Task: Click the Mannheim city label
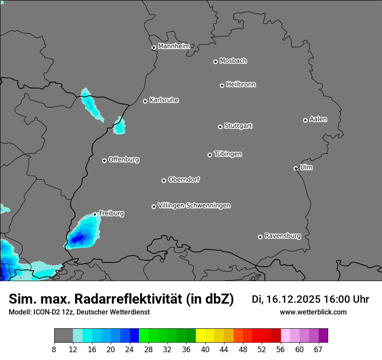point(174,46)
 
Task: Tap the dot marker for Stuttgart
point(220,127)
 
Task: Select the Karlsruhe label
point(164,100)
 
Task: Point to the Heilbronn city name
point(241,85)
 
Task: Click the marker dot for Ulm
point(296,168)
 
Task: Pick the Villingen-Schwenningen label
point(194,206)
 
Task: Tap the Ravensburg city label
point(283,236)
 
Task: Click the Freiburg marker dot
point(95,214)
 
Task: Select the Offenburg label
point(124,160)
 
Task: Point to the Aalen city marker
point(305,120)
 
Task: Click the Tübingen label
point(228,154)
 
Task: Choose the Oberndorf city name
point(184,180)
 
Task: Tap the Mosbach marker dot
point(215,62)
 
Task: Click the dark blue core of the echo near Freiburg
point(79,238)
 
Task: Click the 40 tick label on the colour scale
point(205,350)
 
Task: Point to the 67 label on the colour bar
point(319,350)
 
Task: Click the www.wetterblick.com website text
point(313,312)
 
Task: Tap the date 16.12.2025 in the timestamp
point(293,299)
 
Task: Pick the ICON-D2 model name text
point(44,312)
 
